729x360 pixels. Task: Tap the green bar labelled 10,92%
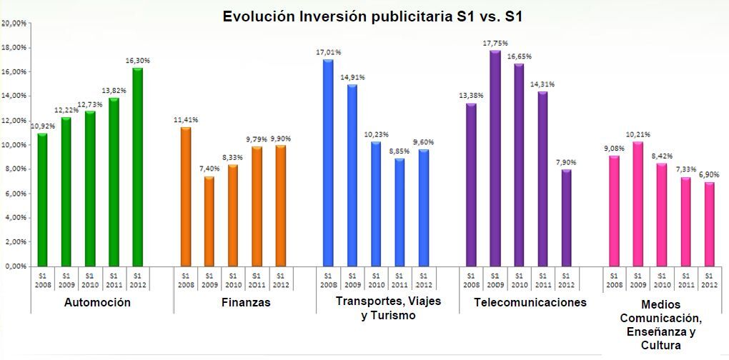coord(41,199)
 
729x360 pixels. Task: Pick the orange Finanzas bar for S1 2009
coord(209,221)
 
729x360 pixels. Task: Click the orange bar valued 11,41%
coord(185,196)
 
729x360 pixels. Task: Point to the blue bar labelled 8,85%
coord(400,211)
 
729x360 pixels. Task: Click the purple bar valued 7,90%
coord(566,217)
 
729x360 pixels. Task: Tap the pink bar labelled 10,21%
coord(637,204)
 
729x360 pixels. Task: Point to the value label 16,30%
coord(137,61)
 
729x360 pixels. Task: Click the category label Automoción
coord(97,302)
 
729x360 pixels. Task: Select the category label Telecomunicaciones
coord(530,302)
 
